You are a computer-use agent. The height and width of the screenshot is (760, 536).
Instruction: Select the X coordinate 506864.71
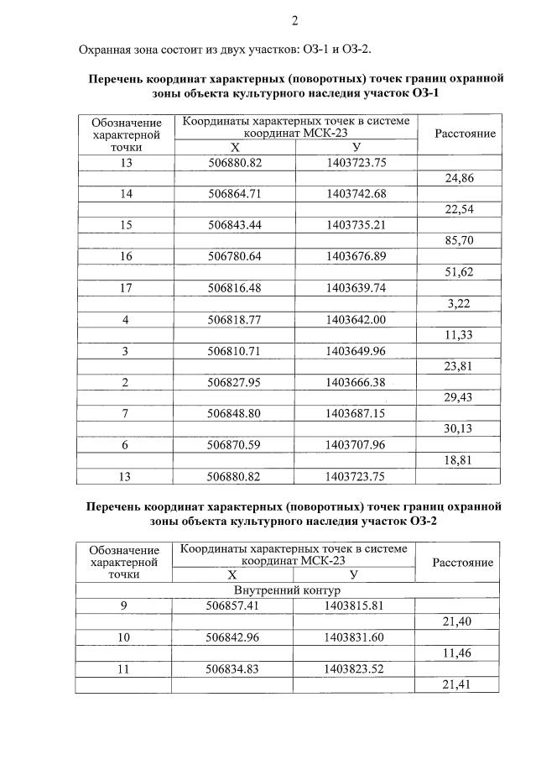pyautogui.click(x=235, y=194)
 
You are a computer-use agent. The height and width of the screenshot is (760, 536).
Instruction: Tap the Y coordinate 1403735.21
pyautogui.click(x=356, y=225)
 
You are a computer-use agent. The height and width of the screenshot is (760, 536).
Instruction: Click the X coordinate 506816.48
pyautogui.click(x=235, y=288)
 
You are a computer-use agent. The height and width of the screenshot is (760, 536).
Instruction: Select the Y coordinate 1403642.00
pyautogui.click(x=356, y=319)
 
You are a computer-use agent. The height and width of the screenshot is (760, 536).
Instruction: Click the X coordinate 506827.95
pyautogui.click(x=235, y=382)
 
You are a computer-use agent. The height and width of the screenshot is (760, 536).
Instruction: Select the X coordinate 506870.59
pyautogui.click(x=235, y=445)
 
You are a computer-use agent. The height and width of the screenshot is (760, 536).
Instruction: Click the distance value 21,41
pyautogui.click(x=458, y=684)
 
